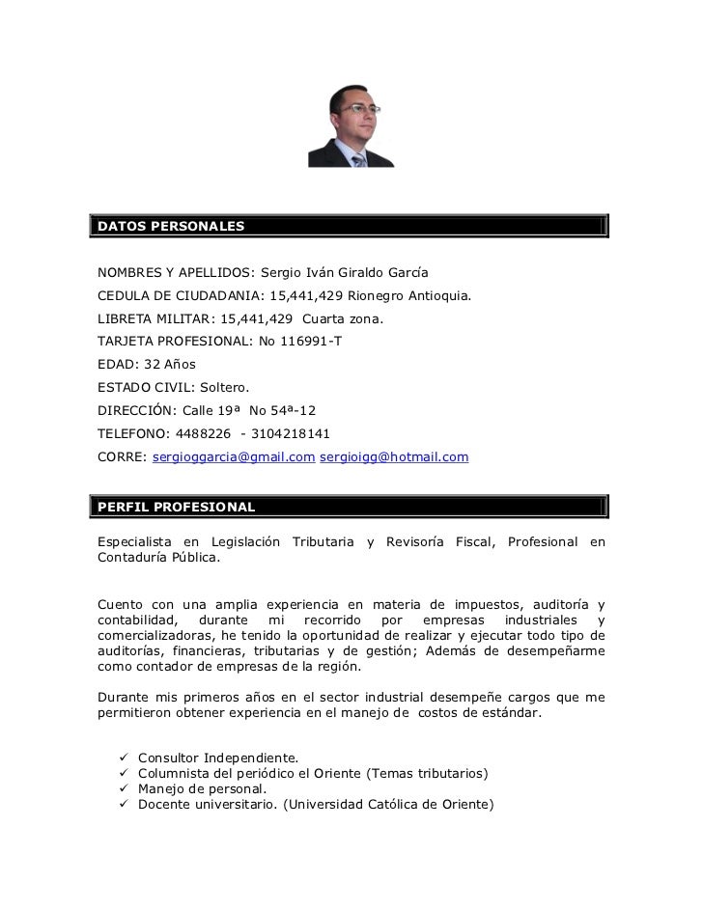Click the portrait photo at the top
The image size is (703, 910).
(x=351, y=125)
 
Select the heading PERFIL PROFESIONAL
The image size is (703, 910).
(x=175, y=507)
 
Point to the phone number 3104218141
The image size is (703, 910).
(x=291, y=433)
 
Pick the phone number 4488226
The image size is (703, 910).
(x=207, y=433)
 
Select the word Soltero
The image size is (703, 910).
(x=223, y=388)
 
